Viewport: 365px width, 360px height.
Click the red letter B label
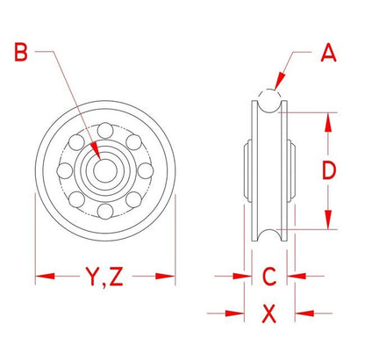pyautogui.click(x=21, y=53)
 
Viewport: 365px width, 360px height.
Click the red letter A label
pyautogui.click(x=328, y=53)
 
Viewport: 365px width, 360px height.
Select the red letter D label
pyautogui.click(x=329, y=171)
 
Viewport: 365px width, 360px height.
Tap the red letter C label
pyautogui.click(x=269, y=277)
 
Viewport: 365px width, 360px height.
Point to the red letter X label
pyautogui.click(x=269, y=313)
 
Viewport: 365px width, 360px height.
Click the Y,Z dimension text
pyautogui.click(x=104, y=277)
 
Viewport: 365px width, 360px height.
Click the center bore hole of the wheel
pyautogui.click(x=105, y=171)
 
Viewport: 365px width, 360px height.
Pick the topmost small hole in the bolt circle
pyautogui.click(x=105, y=131)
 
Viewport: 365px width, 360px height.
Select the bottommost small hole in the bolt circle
pyautogui.click(x=105, y=211)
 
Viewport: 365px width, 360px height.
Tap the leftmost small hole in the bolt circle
pyautogui.click(x=65, y=171)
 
